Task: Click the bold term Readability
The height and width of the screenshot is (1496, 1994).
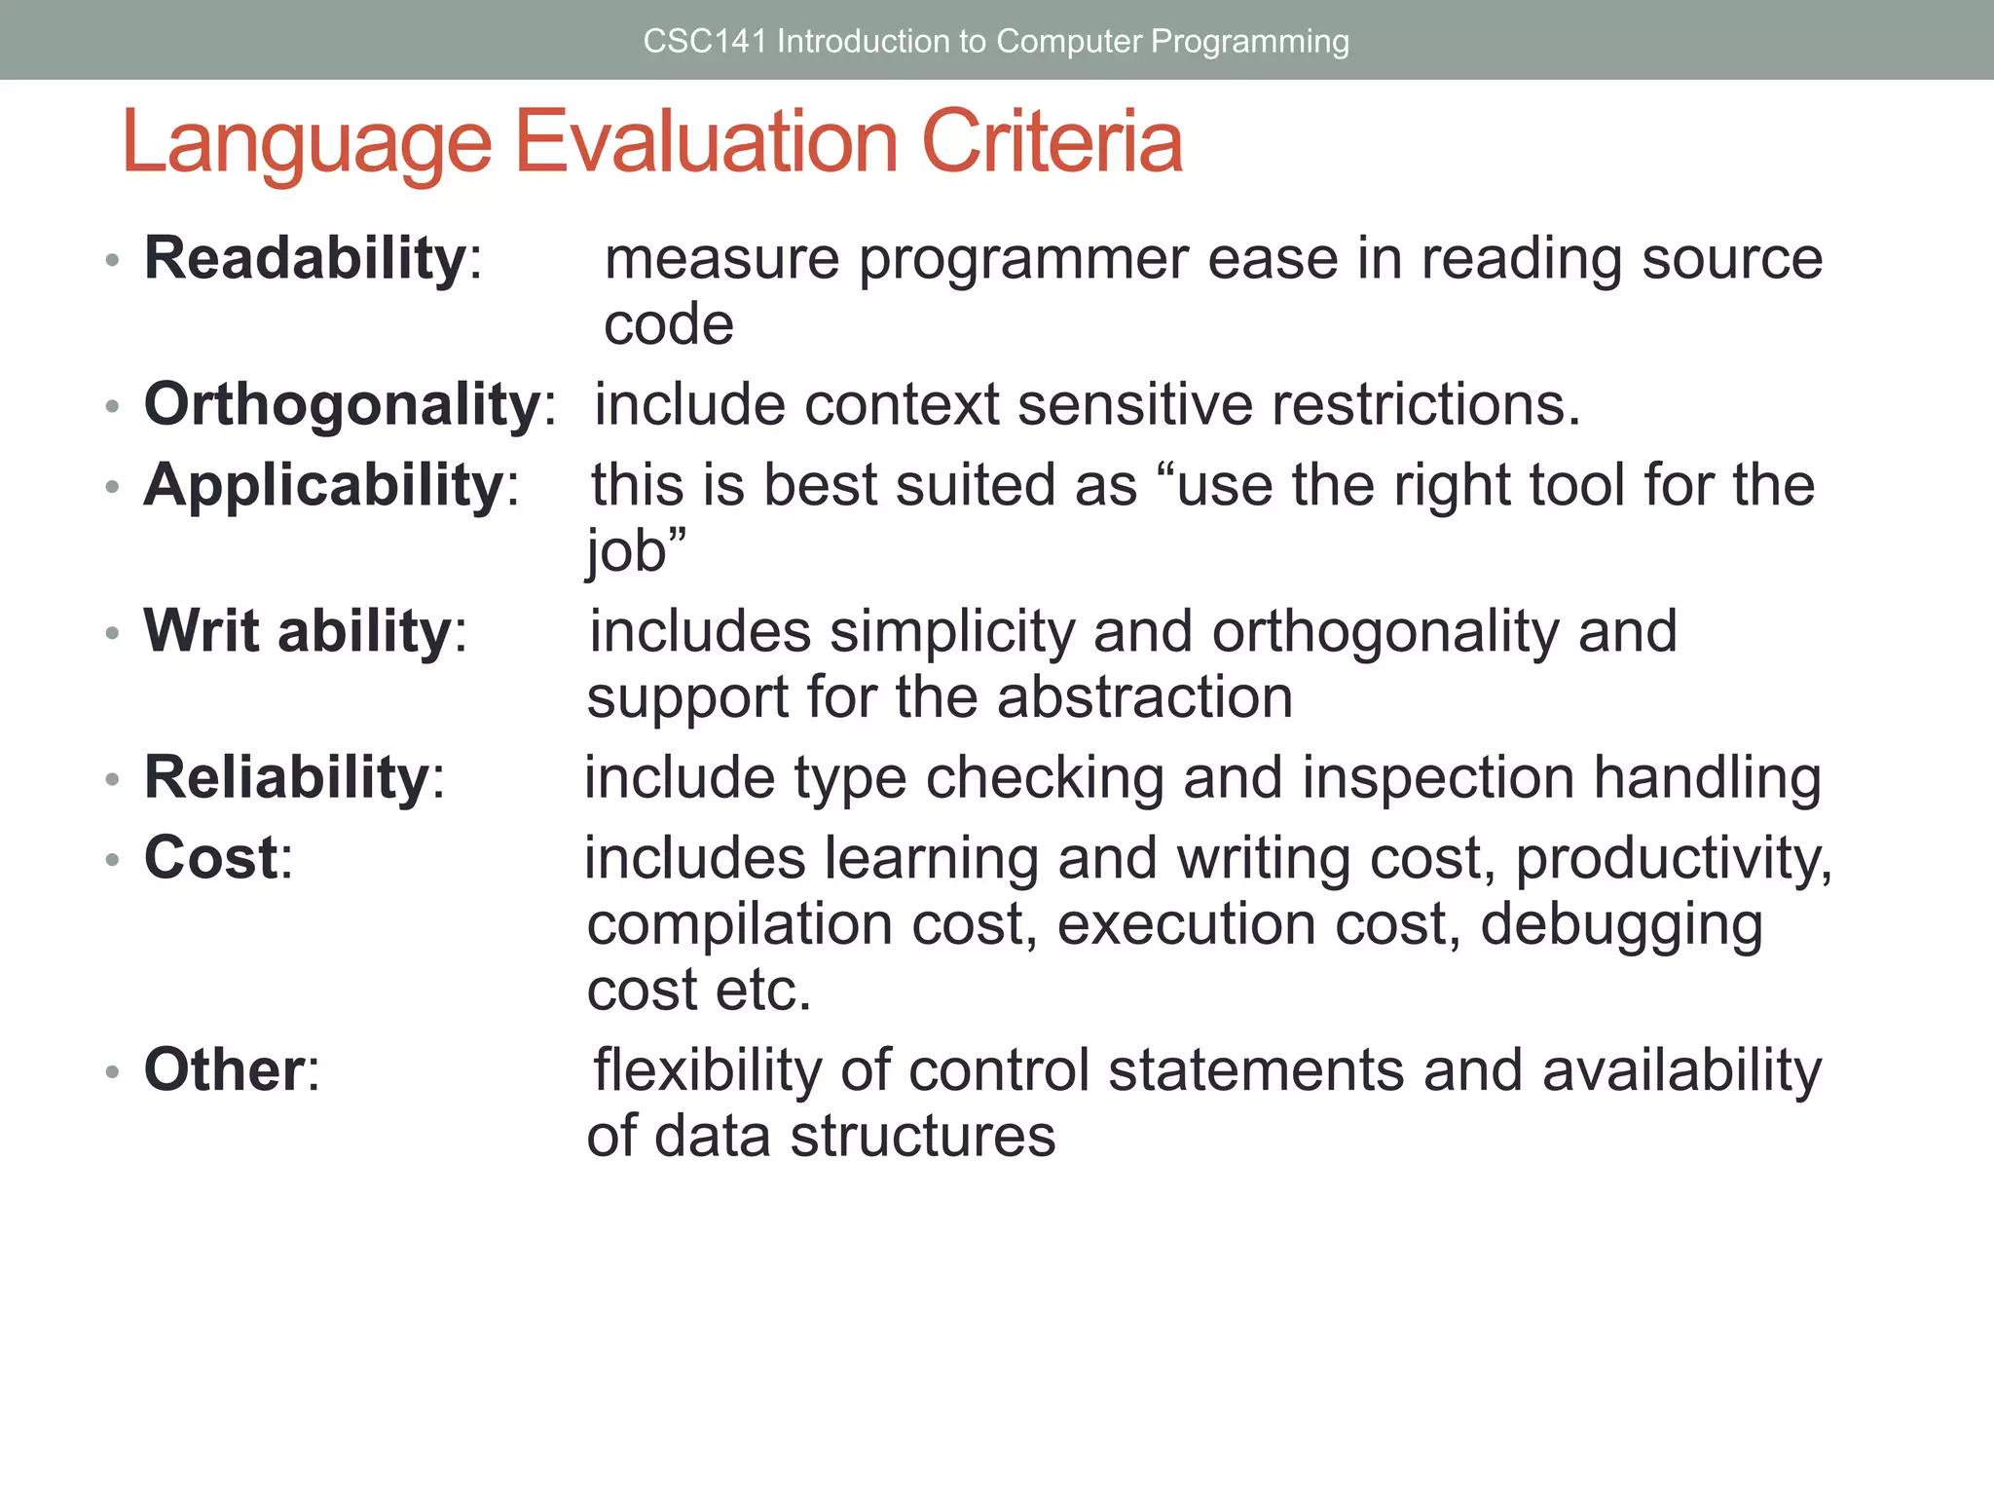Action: click(305, 259)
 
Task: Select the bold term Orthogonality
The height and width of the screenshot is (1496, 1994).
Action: click(342, 404)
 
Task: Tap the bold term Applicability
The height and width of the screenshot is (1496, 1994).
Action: click(323, 485)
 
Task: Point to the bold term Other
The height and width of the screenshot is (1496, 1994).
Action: click(225, 1069)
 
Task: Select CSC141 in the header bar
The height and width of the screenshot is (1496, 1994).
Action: click(704, 41)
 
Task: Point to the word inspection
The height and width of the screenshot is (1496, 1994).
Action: click(1437, 778)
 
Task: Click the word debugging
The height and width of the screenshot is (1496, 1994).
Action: click(1621, 924)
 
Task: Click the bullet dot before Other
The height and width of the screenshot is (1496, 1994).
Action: click(113, 1072)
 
